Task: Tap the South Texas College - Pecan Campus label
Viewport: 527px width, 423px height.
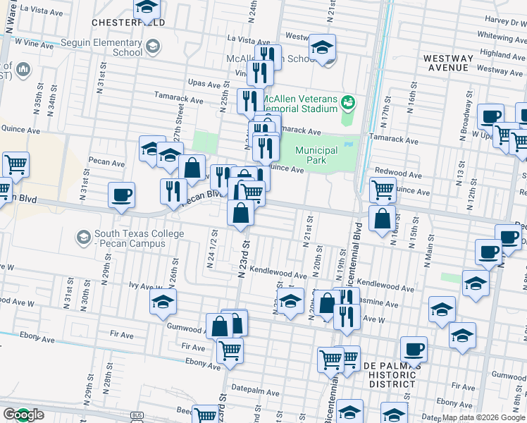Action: pyautogui.click(x=131, y=239)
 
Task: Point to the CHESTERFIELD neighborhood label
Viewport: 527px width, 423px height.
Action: pyautogui.click(x=128, y=23)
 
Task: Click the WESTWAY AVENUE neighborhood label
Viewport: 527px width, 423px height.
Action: pyautogui.click(x=447, y=63)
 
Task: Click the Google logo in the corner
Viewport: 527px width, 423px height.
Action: pyautogui.click(x=23, y=415)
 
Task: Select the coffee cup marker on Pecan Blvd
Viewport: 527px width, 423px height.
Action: pyautogui.click(x=121, y=195)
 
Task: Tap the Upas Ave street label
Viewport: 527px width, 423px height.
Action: pyautogui.click(x=206, y=83)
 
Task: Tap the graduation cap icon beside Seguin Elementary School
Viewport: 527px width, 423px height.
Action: pyautogui.click(x=151, y=48)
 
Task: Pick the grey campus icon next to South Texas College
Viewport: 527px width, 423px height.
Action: pyautogui.click(x=84, y=235)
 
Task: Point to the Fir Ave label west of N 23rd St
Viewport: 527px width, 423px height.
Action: pyautogui.click(x=192, y=346)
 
